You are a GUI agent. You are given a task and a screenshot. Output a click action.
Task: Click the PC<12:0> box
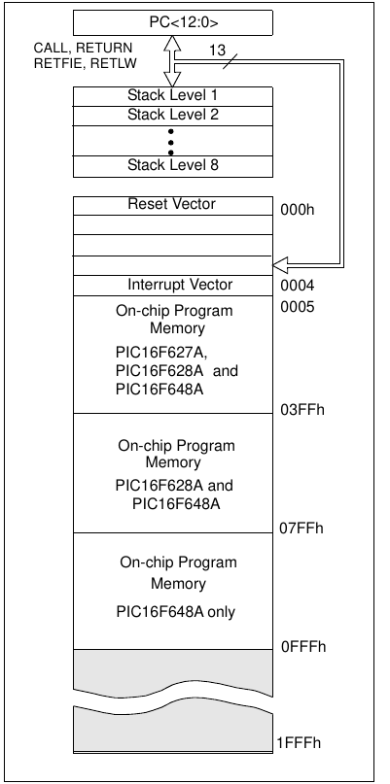(x=173, y=22)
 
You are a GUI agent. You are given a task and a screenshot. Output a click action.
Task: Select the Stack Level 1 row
(x=173, y=96)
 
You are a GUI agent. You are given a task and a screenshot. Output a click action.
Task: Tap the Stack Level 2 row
(x=173, y=116)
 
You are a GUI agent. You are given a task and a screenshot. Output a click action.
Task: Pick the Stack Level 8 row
(x=173, y=166)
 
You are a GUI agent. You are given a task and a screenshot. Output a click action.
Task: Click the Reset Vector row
(x=173, y=206)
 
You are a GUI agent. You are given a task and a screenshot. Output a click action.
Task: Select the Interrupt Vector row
(x=173, y=286)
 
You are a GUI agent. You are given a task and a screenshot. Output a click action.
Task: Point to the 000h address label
(x=298, y=210)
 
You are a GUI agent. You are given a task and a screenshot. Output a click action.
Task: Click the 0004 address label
(x=298, y=286)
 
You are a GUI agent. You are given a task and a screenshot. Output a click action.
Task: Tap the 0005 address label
(x=298, y=307)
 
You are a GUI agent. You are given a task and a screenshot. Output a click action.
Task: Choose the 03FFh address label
(x=302, y=410)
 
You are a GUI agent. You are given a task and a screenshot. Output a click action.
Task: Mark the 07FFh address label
(x=301, y=528)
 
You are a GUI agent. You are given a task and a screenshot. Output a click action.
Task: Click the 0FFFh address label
(x=303, y=647)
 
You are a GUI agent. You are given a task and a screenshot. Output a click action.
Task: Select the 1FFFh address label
(x=299, y=743)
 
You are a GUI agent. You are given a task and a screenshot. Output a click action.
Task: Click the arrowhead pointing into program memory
(x=281, y=264)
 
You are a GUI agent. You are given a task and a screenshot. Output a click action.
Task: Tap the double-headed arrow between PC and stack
(x=172, y=61)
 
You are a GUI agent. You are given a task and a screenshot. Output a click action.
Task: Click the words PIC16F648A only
(x=176, y=611)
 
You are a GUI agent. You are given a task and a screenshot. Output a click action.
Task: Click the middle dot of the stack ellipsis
(x=171, y=143)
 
